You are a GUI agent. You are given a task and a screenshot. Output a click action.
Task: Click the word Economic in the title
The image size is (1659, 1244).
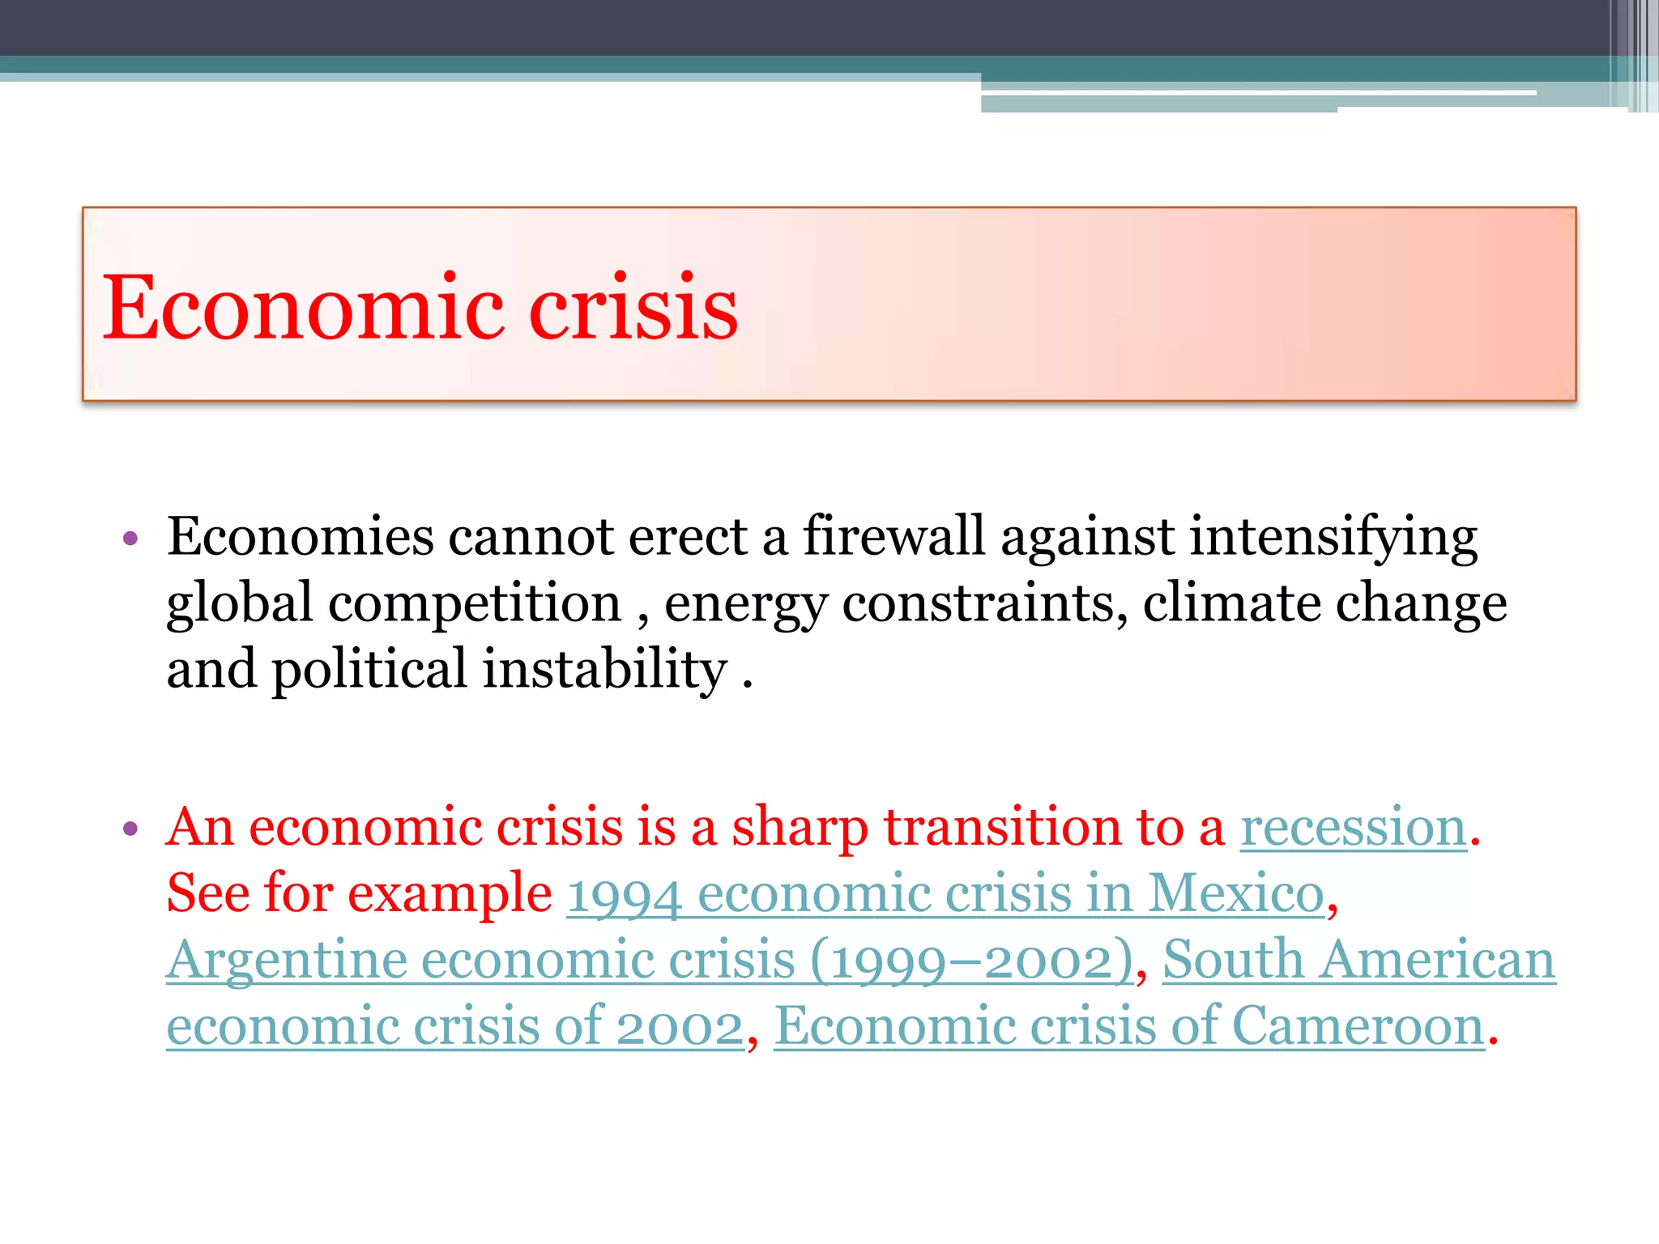tap(303, 308)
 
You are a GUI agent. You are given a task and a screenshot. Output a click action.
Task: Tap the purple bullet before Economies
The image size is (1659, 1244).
tap(130, 539)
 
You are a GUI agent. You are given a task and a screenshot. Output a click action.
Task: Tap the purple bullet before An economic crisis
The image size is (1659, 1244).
tap(130, 829)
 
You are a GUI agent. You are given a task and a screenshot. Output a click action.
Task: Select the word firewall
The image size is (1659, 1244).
tap(893, 536)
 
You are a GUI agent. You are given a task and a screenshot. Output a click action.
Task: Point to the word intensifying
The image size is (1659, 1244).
tap(1333, 538)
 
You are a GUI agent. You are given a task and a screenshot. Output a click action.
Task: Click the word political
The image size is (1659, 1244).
tap(369, 670)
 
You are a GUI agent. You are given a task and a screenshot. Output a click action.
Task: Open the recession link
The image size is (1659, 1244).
tap(1354, 828)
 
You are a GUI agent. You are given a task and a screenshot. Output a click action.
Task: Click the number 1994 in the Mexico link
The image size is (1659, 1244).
tap(624, 895)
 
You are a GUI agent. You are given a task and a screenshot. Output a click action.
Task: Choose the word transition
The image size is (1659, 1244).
tap(1002, 827)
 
